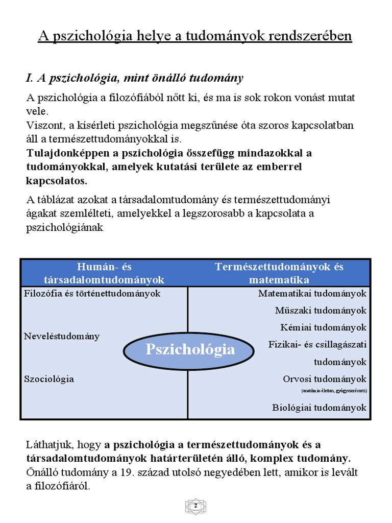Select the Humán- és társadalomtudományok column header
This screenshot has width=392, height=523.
tap(105, 273)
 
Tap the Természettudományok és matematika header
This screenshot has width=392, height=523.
tap(279, 273)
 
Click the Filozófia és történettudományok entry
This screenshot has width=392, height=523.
tap(92, 294)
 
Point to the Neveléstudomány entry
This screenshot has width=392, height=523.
tap(62, 336)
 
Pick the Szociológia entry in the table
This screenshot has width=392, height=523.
tap(49, 379)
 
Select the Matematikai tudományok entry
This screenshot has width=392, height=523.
tap(312, 294)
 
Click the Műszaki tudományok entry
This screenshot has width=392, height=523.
tap(321, 311)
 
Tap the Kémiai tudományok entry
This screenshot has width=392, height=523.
tap(323, 327)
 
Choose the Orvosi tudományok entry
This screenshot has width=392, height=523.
tap(325, 379)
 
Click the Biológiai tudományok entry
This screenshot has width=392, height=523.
tap(319, 408)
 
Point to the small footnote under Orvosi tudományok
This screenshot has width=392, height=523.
tap(334, 391)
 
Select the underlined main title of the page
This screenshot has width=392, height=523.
tap(195, 37)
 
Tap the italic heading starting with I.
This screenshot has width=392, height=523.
tap(135, 78)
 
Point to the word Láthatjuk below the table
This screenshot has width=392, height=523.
tap(45, 445)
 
